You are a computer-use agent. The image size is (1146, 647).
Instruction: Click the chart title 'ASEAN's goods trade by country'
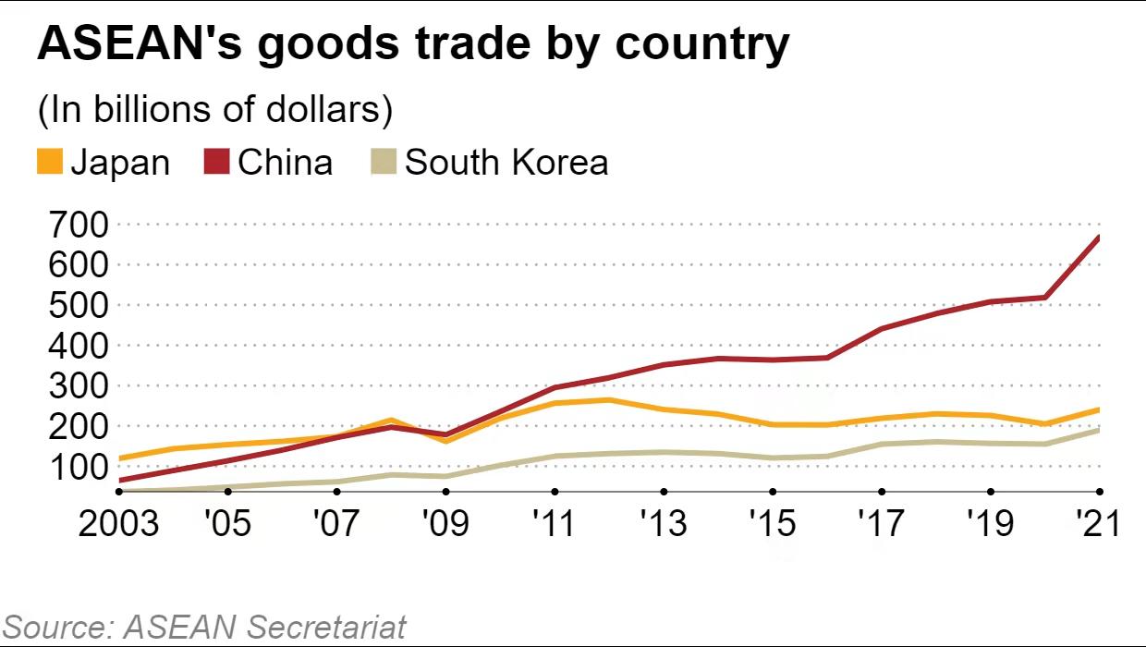click(413, 45)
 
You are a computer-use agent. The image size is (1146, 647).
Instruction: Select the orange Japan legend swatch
click(50, 163)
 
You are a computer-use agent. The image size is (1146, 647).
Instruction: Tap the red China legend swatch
click(216, 163)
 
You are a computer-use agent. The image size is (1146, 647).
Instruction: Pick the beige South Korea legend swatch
click(384, 163)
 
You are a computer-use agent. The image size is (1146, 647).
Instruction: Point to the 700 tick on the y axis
click(72, 225)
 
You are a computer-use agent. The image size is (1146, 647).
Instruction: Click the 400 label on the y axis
click(72, 346)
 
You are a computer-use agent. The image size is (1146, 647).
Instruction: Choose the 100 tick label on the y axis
click(72, 467)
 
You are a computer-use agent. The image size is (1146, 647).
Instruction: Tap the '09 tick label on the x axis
click(445, 524)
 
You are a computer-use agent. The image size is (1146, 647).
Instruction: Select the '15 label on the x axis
click(772, 524)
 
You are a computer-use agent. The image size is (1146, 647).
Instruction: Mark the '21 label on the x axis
click(1099, 524)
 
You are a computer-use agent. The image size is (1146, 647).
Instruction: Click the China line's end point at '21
click(1099, 238)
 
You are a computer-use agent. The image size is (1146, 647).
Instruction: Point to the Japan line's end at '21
click(1099, 409)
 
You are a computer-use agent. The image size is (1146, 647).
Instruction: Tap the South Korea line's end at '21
click(1099, 430)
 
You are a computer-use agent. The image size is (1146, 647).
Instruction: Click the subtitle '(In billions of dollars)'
click(215, 109)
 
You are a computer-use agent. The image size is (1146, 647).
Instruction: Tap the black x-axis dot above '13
click(663, 492)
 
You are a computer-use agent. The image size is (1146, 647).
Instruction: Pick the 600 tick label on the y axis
click(72, 265)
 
